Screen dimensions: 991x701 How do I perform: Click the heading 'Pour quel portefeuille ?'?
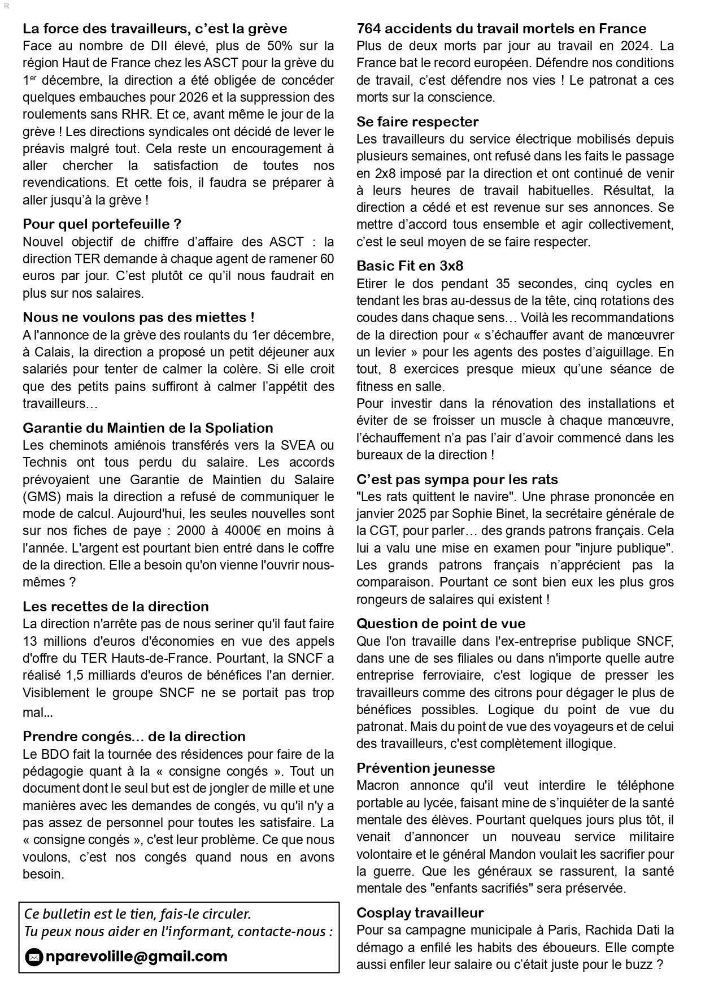102,224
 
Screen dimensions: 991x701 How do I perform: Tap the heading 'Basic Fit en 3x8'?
410,266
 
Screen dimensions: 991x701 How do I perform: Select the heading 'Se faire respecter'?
417,122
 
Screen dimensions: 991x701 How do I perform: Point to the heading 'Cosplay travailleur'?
420,912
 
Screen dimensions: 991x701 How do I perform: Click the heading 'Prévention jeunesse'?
425,768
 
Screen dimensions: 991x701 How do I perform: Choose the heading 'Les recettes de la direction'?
116,607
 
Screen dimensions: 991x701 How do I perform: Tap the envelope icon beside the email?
34,957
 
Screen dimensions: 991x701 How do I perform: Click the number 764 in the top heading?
369,29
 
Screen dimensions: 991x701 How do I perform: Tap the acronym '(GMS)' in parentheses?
40,497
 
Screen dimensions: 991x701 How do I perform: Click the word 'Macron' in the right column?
377,785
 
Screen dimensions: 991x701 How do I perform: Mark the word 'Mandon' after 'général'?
513,854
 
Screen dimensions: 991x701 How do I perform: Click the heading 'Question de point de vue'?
441,624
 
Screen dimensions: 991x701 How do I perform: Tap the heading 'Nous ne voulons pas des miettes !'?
138,318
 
